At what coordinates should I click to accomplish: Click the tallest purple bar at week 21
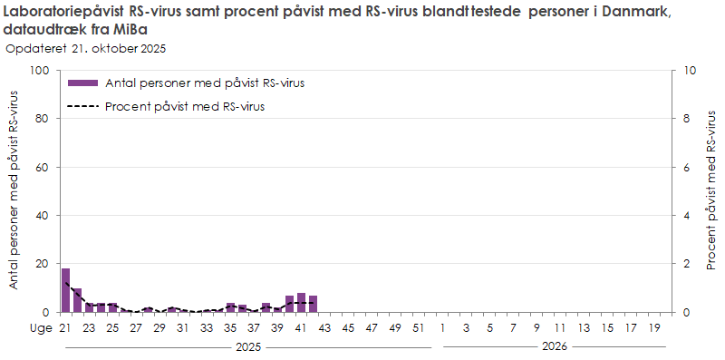(65, 290)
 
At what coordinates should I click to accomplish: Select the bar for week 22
(77, 300)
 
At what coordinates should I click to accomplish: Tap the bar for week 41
(301, 303)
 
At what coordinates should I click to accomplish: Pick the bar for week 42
(313, 304)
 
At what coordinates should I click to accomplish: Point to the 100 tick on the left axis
(41, 71)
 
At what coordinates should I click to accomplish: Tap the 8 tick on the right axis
(688, 119)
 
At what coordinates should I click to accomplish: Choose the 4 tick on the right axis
(688, 216)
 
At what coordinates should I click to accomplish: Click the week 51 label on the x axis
(419, 327)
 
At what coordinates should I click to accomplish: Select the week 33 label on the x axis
(207, 327)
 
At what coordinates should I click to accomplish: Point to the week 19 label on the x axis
(654, 327)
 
